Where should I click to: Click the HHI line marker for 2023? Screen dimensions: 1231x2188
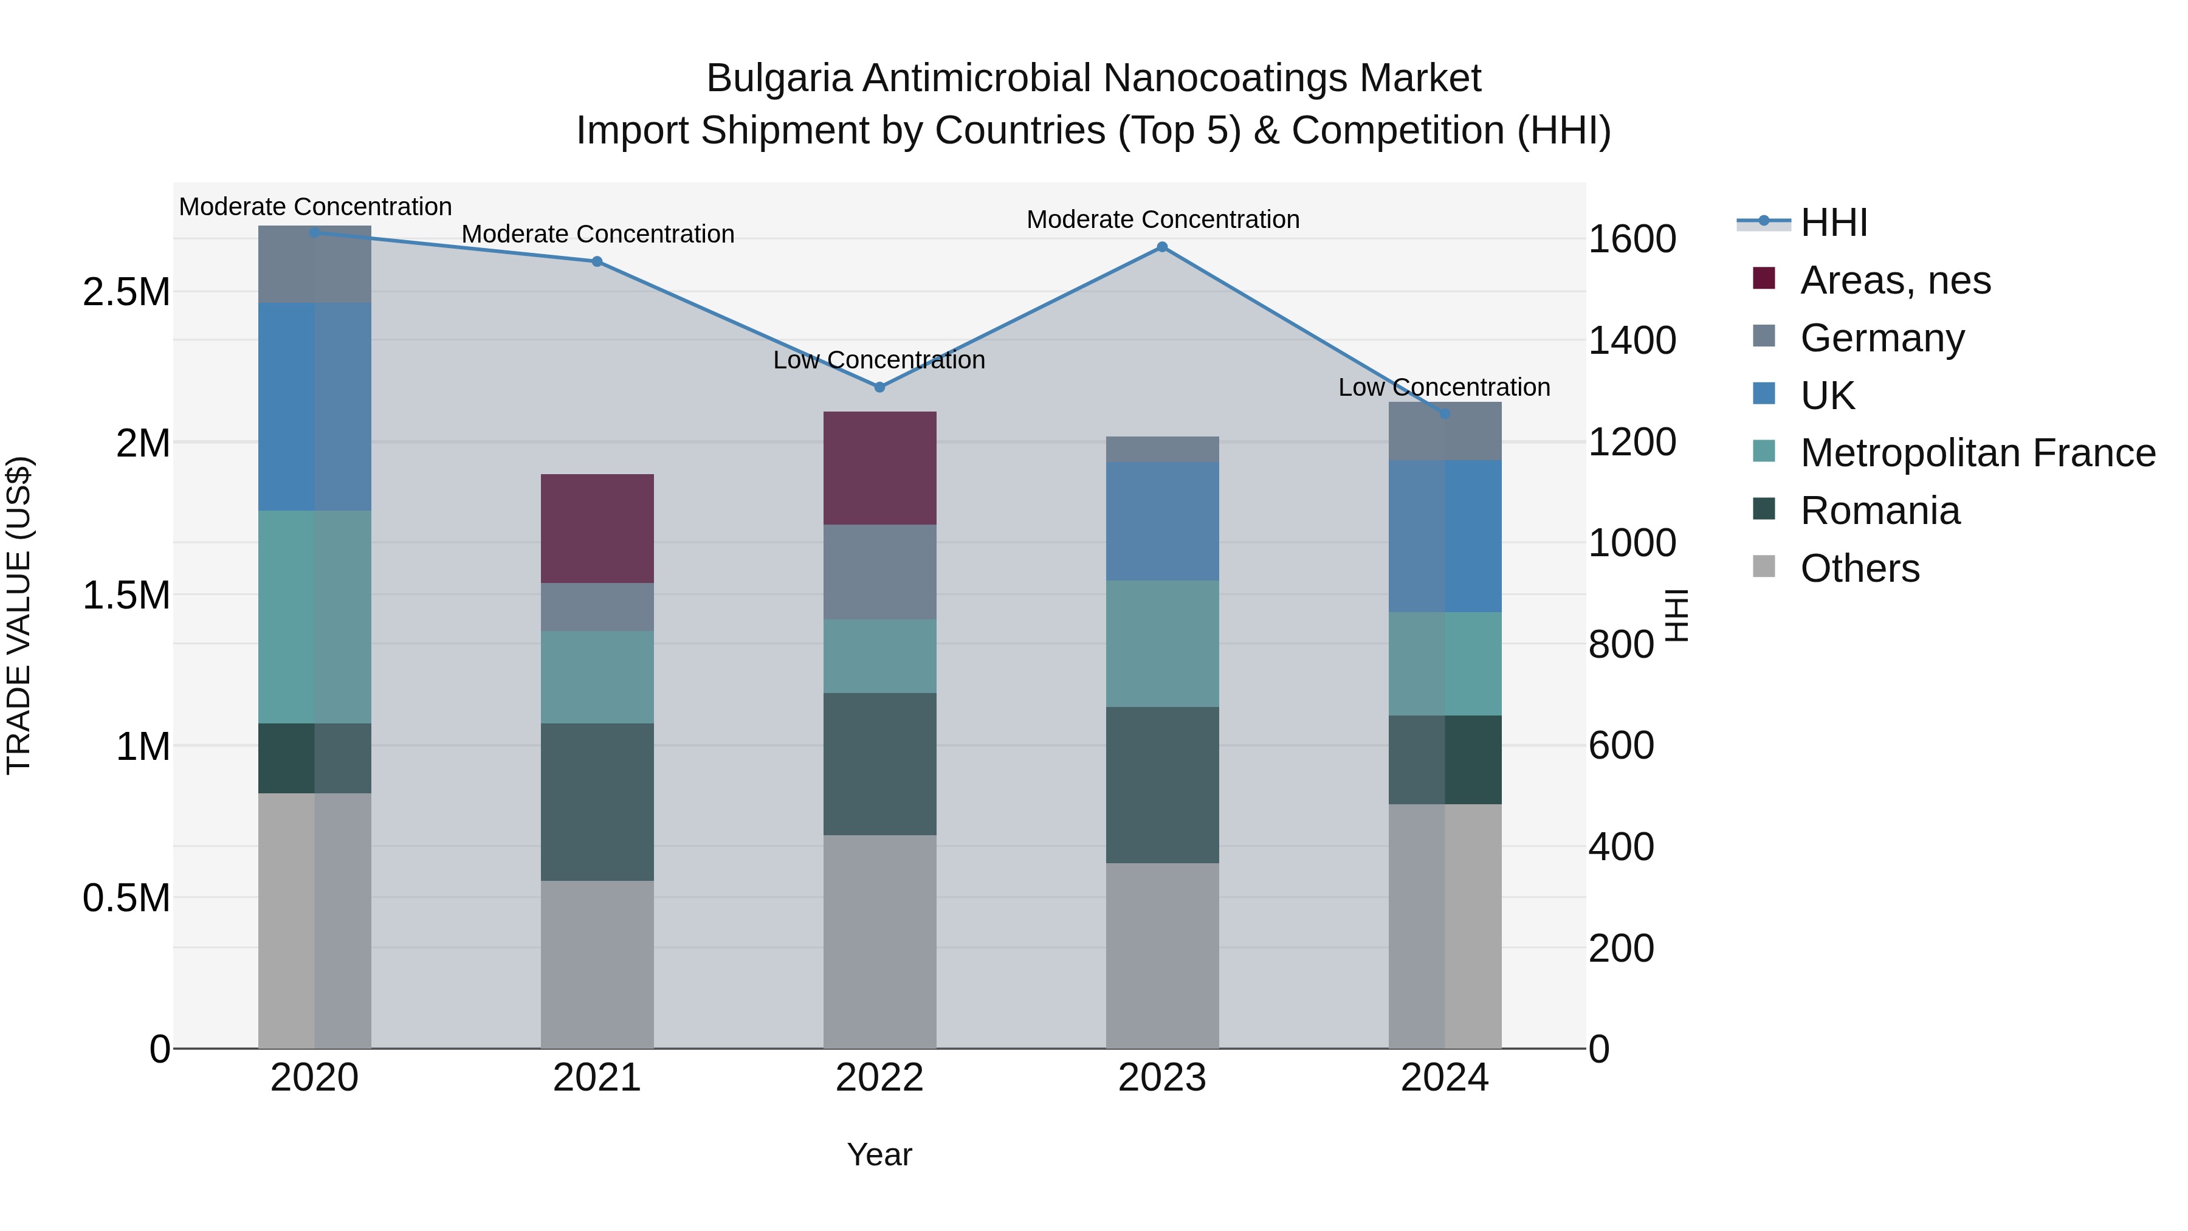pyautogui.click(x=1162, y=247)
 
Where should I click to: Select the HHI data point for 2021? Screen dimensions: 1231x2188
pyautogui.click(x=597, y=261)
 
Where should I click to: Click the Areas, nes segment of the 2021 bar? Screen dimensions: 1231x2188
pyautogui.click(x=597, y=528)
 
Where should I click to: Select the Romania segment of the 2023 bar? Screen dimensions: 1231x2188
pyautogui.click(x=1162, y=785)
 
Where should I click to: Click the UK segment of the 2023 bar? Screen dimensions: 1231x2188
pyautogui.click(x=1162, y=522)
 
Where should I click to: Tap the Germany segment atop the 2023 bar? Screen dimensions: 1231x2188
pyautogui.click(x=1162, y=449)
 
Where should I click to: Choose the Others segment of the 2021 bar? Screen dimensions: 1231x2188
pyautogui.click(x=597, y=964)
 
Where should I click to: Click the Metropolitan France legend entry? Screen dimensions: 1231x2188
pyautogui.click(x=1977, y=453)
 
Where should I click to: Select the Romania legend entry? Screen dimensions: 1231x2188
pyautogui.click(x=1880, y=511)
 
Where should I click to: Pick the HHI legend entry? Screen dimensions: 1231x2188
pyautogui.click(x=1833, y=222)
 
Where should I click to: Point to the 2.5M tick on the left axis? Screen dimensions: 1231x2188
pyautogui.click(x=126, y=292)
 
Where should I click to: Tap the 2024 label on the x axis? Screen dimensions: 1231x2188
pyautogui.click(x=1444, y=1078)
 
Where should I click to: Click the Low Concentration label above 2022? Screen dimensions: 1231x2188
pyautogui.click(x=879, y=360)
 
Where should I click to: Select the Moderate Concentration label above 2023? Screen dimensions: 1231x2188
pyautogui.click(x=1163, y=220)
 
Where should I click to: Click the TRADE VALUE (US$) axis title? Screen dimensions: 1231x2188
pyautogui.click(x=19, y=615)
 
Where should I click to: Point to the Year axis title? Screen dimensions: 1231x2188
pyautogui.click(x=879, y=1154)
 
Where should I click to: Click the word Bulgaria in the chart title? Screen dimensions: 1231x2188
pyautogui.click(x=779, y=79)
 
